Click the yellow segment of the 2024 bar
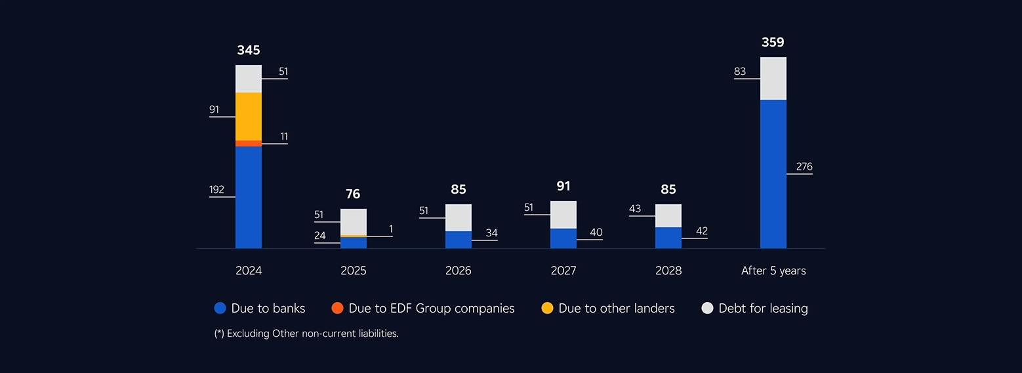[249, 116]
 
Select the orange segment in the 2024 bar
[249, 143]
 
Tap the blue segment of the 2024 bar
[249, 197]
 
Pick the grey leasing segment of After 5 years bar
[773, 79]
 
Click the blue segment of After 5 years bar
[773, 174]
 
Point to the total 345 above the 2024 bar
[249, 50]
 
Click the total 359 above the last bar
[773, 42]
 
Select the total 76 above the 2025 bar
[353, 194]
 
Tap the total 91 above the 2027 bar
[563, 186]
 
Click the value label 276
[804, 167]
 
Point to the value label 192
[216, 190]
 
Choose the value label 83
[740, 72]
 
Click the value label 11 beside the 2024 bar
[283, 137]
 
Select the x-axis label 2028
[668, 271]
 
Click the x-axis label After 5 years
[773, 271]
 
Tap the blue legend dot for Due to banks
[220, 308]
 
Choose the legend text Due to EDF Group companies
[432, 308]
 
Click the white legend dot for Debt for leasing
[707, 308]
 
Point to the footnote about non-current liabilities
[306, 334]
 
